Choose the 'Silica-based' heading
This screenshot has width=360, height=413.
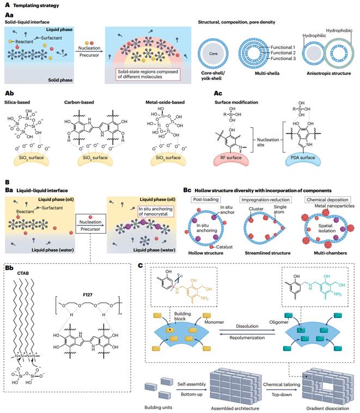click(20, 100)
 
